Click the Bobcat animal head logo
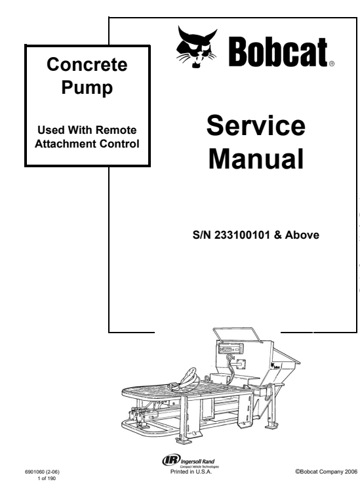196,47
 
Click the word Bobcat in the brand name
278,52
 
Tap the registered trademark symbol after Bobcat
331,64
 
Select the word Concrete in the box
87,64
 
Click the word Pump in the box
87,87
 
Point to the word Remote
116,130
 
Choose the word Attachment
66,144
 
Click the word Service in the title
256,125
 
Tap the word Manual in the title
256,159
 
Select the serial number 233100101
242,235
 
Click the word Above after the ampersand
302,235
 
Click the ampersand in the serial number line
277,235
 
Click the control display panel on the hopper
231,349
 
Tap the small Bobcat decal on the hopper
275,366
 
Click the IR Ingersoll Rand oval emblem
171,460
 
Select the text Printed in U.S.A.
191,472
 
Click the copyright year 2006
351,472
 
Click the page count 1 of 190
47,478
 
